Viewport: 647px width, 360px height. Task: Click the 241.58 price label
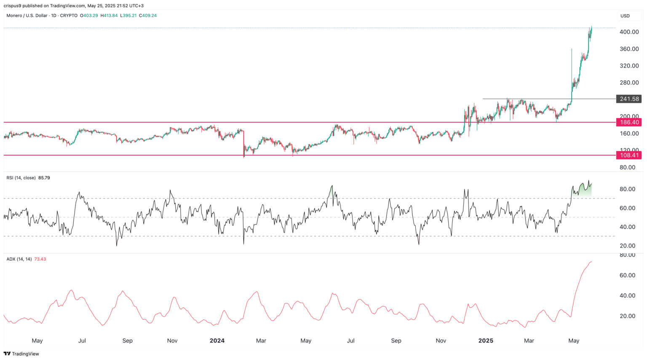[x=629, y=99]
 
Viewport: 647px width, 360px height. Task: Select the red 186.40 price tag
[x=629, y=122]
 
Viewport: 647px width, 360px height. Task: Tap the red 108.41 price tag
[x=629, y=155]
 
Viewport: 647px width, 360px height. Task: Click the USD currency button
[x=625, y=16]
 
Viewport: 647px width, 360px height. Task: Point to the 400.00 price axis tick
[x=629, y=32]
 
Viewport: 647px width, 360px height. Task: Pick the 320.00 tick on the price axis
[x=629, y=66]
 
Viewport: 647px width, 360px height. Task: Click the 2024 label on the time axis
[x=217, y=341]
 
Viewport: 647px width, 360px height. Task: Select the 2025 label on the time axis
[x=486, y=341]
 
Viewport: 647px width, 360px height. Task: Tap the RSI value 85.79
[x=44, y=178]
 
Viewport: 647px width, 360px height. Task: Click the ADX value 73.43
[x=40, y=259]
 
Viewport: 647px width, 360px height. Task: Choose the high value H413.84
[x=109, y=16]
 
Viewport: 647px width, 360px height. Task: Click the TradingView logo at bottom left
[x=21, y=354]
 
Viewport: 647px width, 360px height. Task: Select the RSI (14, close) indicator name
[x=21, y=178]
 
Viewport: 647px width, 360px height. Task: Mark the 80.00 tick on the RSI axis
[x=627, y=189]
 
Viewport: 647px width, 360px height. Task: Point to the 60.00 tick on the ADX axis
[x=627, y=275]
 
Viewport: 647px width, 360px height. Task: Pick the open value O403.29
[x=89, y=16]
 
